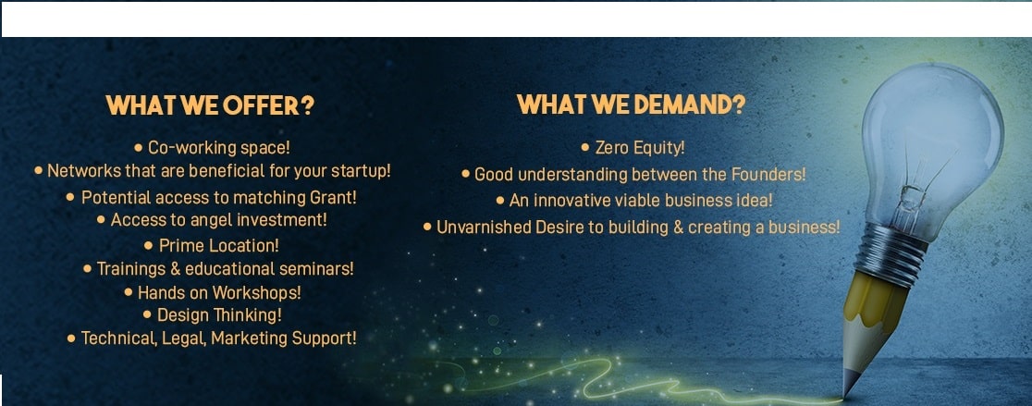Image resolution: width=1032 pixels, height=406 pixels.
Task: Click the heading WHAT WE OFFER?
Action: [210, 105]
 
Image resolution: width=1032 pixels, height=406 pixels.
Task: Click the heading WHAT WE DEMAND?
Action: [631, 105]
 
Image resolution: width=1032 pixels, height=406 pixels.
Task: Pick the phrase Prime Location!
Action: [218, 245]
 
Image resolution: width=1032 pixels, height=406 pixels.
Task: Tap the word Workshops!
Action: [259, 292]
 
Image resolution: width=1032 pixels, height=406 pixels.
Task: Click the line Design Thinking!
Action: [219, 315]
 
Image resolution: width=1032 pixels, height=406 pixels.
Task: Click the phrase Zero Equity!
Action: [640, 148]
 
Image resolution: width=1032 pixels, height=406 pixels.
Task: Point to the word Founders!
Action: [768, 175]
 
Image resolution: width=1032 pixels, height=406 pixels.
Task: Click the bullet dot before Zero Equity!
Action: [585, 148]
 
